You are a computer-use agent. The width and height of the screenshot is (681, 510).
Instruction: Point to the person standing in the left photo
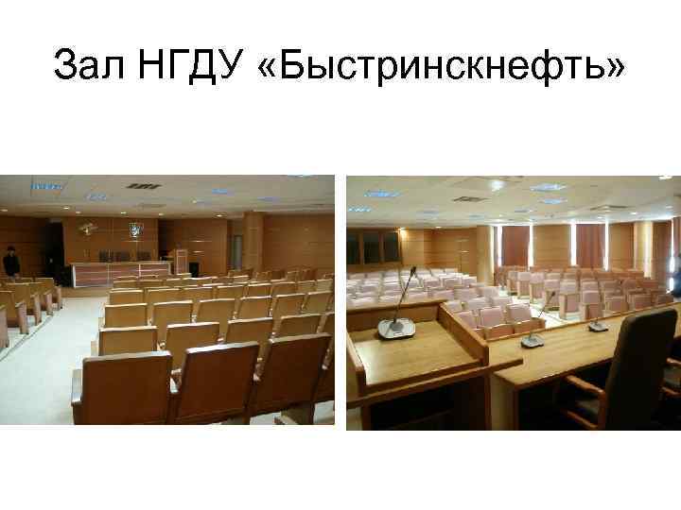(x=10, y=263)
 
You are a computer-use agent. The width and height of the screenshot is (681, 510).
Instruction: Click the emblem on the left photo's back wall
(x=136, y=229)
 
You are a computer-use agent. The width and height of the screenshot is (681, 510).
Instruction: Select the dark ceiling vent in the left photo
(x=143, y=186)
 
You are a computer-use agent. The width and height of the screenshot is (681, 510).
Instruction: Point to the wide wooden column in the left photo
(x=253, y=241)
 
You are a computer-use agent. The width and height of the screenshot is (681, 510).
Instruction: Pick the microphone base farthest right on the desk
(x=598, y=326)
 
